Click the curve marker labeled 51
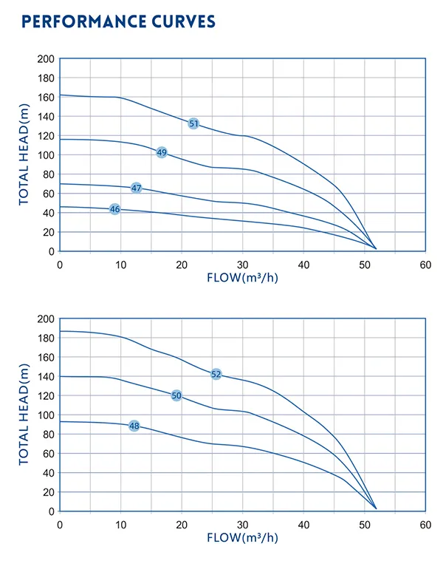tap(193, 123)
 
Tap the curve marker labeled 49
tap(162, 152)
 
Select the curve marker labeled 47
tap(136, 188)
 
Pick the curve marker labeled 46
tap(114, 209)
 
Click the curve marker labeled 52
tap(216, 374)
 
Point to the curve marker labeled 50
tap(176, 395)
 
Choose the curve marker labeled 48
tap(134, 426)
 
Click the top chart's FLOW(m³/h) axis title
tap(243, 278)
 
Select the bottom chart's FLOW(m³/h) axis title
tap(243, 538)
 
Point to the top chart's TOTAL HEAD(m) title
tap(24, 154)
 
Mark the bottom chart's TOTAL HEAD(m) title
tap(24, 415)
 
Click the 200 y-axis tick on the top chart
tap(46, 58)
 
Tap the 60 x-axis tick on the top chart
tap(425, 264)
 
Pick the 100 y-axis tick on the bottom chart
tap(46, 415)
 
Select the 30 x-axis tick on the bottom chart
tap(243, 523)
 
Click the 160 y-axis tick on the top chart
tap(46, 97)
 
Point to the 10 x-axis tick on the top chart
tap(121, 264)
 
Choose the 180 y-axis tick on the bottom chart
tap(46, 338)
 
